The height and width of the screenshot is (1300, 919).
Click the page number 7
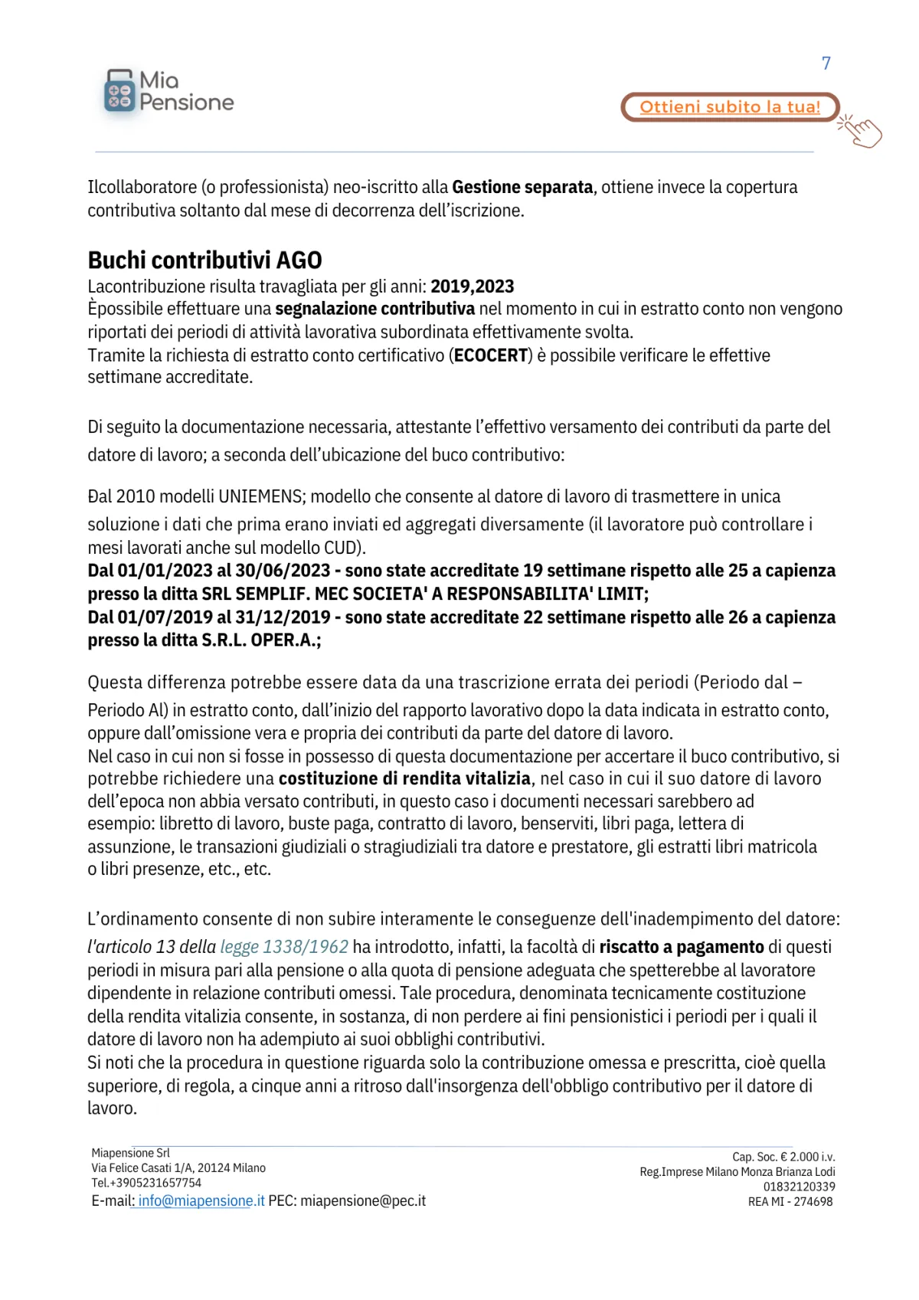point(826,63)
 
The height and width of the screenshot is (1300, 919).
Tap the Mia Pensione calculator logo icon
point(119,91)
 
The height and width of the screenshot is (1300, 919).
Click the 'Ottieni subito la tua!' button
point(729,107)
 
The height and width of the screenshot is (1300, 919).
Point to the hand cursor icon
point(862,131)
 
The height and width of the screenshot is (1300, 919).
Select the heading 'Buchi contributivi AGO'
point(204,260)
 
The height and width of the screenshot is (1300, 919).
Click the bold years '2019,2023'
point(472,287)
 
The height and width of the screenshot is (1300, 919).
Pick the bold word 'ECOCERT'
point(491,355)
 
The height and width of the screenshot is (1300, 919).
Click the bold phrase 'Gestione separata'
point(522,187)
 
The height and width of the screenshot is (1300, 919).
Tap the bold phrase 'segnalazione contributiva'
point(374,309)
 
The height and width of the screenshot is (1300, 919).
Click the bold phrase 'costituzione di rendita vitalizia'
point(404,779)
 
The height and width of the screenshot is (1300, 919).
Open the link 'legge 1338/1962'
point(284,947)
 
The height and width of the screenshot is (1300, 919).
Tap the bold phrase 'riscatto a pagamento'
point(682,947)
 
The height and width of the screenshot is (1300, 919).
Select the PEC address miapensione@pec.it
point(363,1201)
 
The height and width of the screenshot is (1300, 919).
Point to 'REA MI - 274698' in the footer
point(790,1202)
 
